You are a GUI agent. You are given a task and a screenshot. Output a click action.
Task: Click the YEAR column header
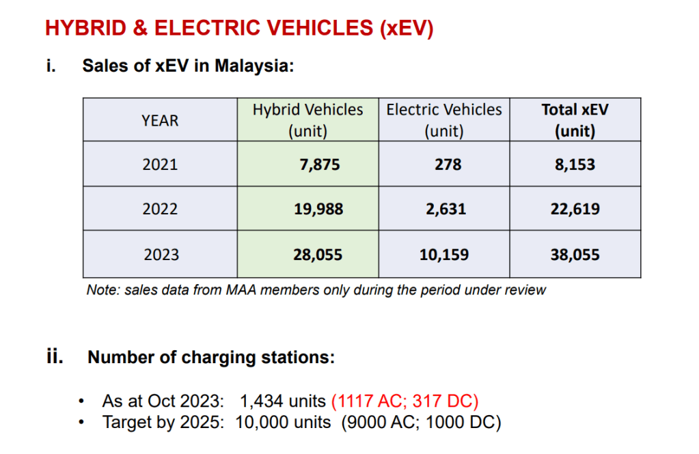(160, 121)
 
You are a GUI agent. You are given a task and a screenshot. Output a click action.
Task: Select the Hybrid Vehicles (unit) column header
(308, 120)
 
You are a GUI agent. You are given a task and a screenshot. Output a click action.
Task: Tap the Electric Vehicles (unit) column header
(444, 120)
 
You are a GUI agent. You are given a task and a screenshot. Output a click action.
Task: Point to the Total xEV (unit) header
(575, 120)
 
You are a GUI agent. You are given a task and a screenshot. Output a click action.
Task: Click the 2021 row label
(160, 165)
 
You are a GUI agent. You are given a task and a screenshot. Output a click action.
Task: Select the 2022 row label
(160, 209)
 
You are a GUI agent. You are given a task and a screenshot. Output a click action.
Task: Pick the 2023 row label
(161, 255)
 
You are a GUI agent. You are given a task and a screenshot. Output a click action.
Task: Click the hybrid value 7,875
(319, 165)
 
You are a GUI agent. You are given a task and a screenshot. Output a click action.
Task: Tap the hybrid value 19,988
(319, 209)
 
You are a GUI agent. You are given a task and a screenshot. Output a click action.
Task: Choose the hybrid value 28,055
(319, 255)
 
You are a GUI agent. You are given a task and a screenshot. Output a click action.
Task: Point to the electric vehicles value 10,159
(444, 255)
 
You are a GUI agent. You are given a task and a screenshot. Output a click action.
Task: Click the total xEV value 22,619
(575, 209)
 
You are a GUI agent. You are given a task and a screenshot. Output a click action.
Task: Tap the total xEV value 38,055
(575, 255)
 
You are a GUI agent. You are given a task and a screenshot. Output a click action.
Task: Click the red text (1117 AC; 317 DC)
(405, 401)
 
